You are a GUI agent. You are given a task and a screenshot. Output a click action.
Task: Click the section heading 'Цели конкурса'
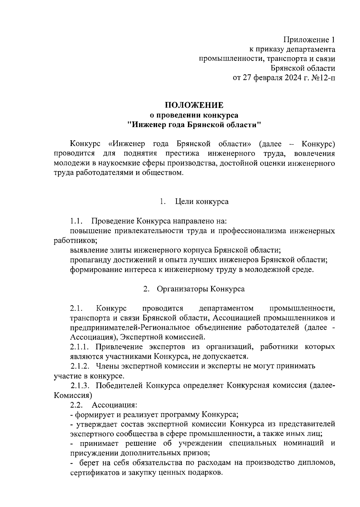(x=202, y=201)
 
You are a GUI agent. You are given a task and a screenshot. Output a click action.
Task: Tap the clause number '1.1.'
(x=76, y=222)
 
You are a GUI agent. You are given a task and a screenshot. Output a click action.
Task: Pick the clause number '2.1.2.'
(x=80, y=366)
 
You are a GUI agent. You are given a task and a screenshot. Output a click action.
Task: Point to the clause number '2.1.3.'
(x=80, y=385)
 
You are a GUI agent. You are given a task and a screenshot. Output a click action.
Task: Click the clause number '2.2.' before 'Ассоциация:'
(x=76, y=405)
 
